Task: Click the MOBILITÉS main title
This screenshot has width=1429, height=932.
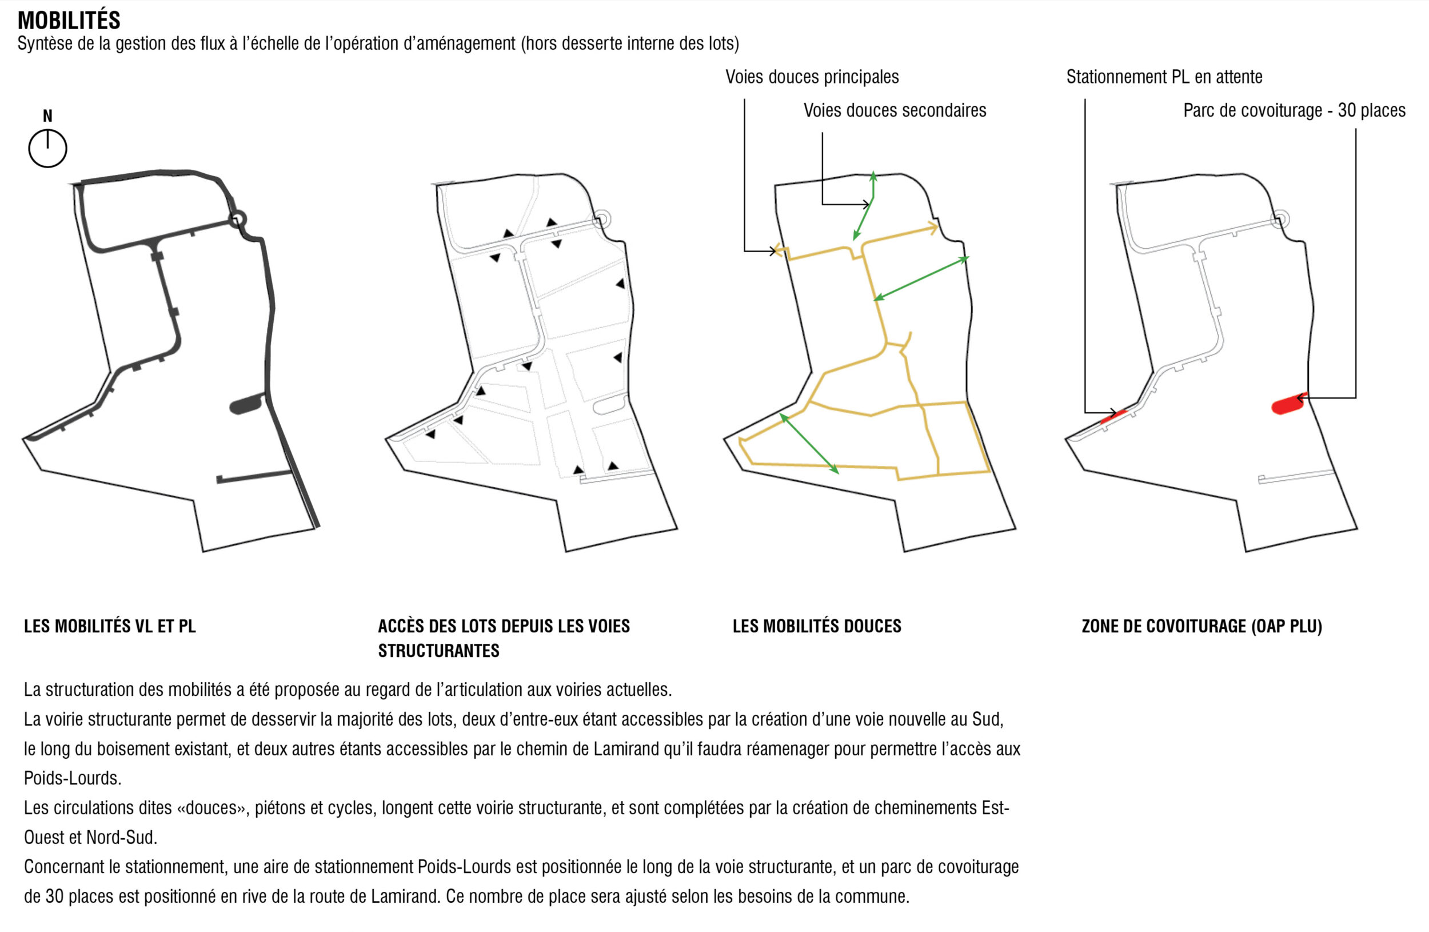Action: tap(69, 20)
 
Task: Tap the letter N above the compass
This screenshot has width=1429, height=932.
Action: tap(47, 116)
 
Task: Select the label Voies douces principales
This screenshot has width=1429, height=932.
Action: tap(812, 77)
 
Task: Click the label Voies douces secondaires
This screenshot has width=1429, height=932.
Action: tap(895, 110)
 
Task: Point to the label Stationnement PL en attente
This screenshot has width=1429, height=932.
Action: tap(1164, 77)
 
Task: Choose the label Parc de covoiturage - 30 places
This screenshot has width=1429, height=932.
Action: tap(1295, 110)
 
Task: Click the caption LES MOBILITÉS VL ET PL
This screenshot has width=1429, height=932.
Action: tap(110, 626)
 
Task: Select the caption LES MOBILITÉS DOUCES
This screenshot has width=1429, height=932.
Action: tap(817, 626)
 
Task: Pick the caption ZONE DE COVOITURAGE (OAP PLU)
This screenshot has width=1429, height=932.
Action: tap(1202, 626)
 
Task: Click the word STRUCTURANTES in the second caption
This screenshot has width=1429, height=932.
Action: tap(438, 651)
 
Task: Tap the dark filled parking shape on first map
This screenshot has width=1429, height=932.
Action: tap(247, 404)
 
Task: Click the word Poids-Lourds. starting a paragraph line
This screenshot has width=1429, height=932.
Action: tap(73, 778)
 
